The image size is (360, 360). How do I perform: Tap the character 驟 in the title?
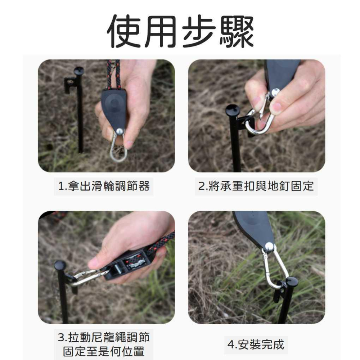coord(236,31)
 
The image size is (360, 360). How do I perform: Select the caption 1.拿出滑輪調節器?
coord(104,186)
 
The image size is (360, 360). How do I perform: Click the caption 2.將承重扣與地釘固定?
coord(256,186)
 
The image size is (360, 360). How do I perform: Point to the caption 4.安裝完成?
coord(256,345)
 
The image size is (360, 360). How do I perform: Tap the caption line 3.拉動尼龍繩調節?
coord(104,337)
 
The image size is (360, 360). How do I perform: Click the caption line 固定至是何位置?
coord(104,351)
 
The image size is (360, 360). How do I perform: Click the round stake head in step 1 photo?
coord(79,71)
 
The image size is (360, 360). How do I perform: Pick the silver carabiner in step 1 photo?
coord(118,147)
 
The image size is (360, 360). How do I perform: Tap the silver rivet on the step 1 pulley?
coord(120,131)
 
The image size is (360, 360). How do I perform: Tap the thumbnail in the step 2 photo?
coord(277,107)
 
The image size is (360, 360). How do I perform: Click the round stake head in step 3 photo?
coord(60,265)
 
